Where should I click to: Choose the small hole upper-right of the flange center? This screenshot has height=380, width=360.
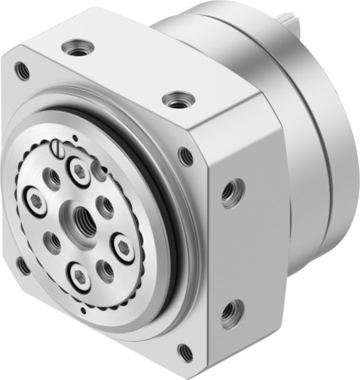tap(106, 205)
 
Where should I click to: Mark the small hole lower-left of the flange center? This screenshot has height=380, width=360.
tap(54, 244)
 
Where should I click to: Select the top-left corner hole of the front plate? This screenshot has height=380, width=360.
tap(23, 70)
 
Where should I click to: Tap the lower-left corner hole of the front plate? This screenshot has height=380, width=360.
tap(22, 267)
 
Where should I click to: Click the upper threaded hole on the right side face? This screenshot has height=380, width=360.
tap(228, 193)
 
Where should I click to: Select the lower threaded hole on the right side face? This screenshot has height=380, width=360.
tap(227, 316)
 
